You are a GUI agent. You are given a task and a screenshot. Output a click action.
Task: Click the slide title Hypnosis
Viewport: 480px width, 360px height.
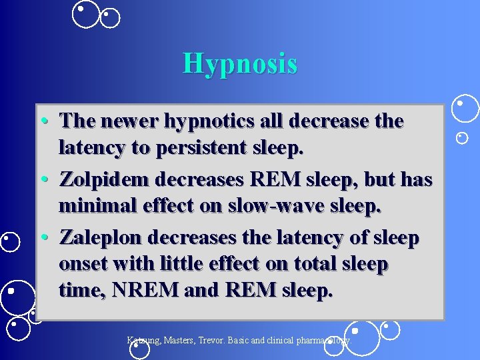[x=240, y=64]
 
